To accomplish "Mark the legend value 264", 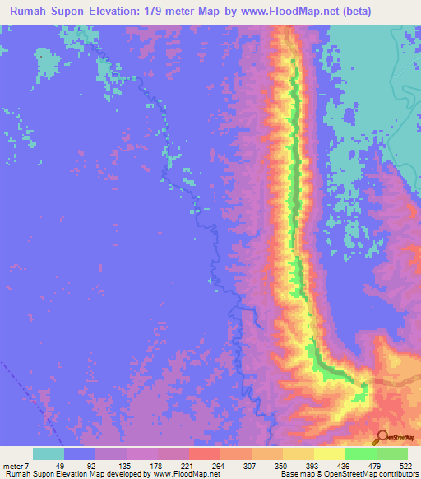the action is (221, 465).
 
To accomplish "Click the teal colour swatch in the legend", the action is (49, 453).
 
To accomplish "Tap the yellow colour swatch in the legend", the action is (330, 453).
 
